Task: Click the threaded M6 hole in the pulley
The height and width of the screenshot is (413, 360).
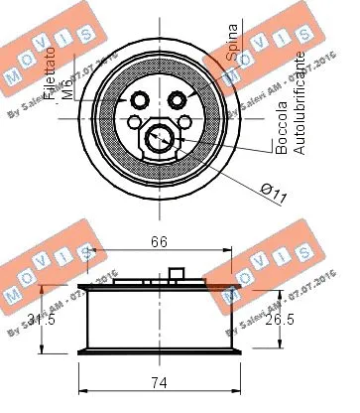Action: pyautogui.click(x=139, y=99)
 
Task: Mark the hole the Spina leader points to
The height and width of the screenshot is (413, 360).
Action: pyautogui.click(x=180, y=99)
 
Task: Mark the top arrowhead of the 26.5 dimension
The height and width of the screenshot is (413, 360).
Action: pyautogui.click(x=277, y=291)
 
